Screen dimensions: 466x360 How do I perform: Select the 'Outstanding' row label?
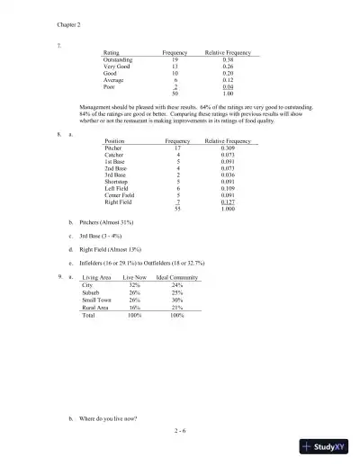pos(122,59)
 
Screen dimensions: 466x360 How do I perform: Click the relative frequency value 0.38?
pos(228,59)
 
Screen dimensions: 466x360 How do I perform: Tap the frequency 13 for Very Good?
pos(175,67)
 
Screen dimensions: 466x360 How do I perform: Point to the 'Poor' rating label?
pos(111,87)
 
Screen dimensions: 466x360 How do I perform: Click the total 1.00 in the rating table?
pos(228,94)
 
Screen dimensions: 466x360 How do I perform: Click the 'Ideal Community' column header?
pos(176,278)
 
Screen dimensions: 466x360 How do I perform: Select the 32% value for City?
pos(135,285)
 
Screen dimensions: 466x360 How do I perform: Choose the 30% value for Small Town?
pos(176,300)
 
